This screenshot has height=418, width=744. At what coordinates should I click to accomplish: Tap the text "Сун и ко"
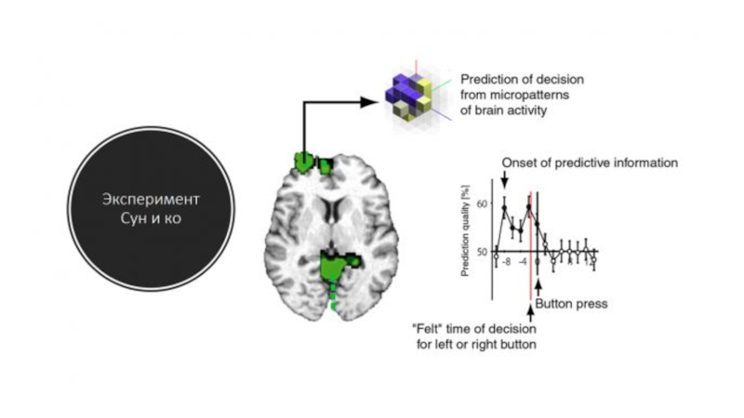[x=152, y=221]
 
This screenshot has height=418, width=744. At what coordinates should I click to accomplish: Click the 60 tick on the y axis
[x=480, y=202]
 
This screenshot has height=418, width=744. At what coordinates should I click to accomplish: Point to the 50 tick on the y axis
[x=480, y=251]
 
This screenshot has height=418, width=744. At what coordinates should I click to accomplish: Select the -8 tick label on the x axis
[x=507, y=263]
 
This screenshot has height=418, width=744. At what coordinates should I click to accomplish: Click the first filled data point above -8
[x=505, y=207]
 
